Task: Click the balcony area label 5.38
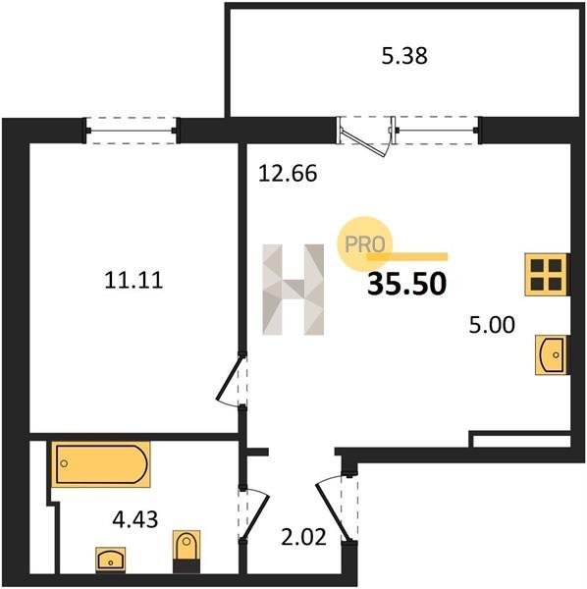404,56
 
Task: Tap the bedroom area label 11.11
133,280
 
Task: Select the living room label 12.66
288,174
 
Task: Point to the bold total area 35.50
407,284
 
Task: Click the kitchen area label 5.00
492,325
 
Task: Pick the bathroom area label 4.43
135,519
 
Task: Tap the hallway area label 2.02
304,537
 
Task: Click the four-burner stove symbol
547,275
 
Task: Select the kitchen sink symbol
552,355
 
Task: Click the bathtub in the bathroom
101,464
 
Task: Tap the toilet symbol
187,552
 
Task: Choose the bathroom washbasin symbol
110,560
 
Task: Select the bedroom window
132,131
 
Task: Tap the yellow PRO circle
364,243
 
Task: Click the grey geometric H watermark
293,290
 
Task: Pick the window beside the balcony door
436,131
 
